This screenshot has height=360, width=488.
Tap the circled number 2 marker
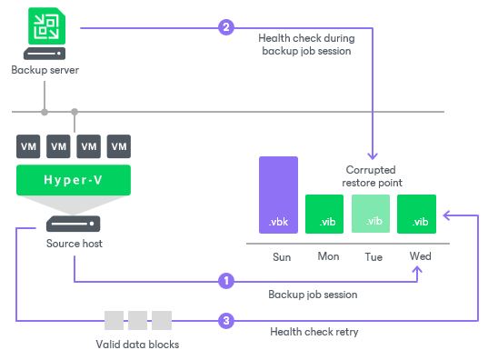point(226,27)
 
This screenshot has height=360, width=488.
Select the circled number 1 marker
point(226,281)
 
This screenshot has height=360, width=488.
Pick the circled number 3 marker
point(226,320)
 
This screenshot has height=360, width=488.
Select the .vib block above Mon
point(324,215)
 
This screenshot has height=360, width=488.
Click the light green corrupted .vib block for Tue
point(370,215)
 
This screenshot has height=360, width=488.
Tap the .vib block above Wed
point(417,215)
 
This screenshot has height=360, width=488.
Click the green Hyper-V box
point(74,180)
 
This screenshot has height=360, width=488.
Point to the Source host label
point(74,245)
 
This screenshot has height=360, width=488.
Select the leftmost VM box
point(29,145)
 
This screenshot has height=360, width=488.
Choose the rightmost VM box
point(118,145)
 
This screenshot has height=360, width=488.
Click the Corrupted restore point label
point(371,175)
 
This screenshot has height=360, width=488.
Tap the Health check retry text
point(314,332)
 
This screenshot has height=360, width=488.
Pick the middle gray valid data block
point(137,320)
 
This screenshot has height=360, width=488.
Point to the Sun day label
point(282,256)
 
